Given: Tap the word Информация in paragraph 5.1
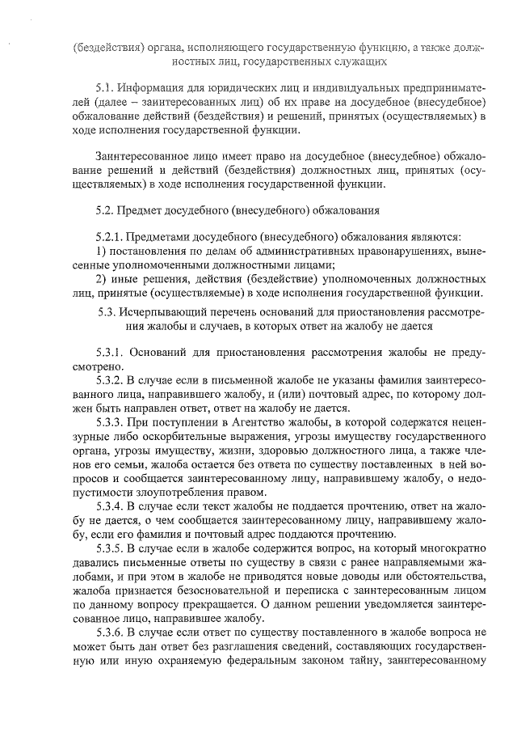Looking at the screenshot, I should tap(149, 87).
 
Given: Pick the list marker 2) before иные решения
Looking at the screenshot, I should tap(100, 278).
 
